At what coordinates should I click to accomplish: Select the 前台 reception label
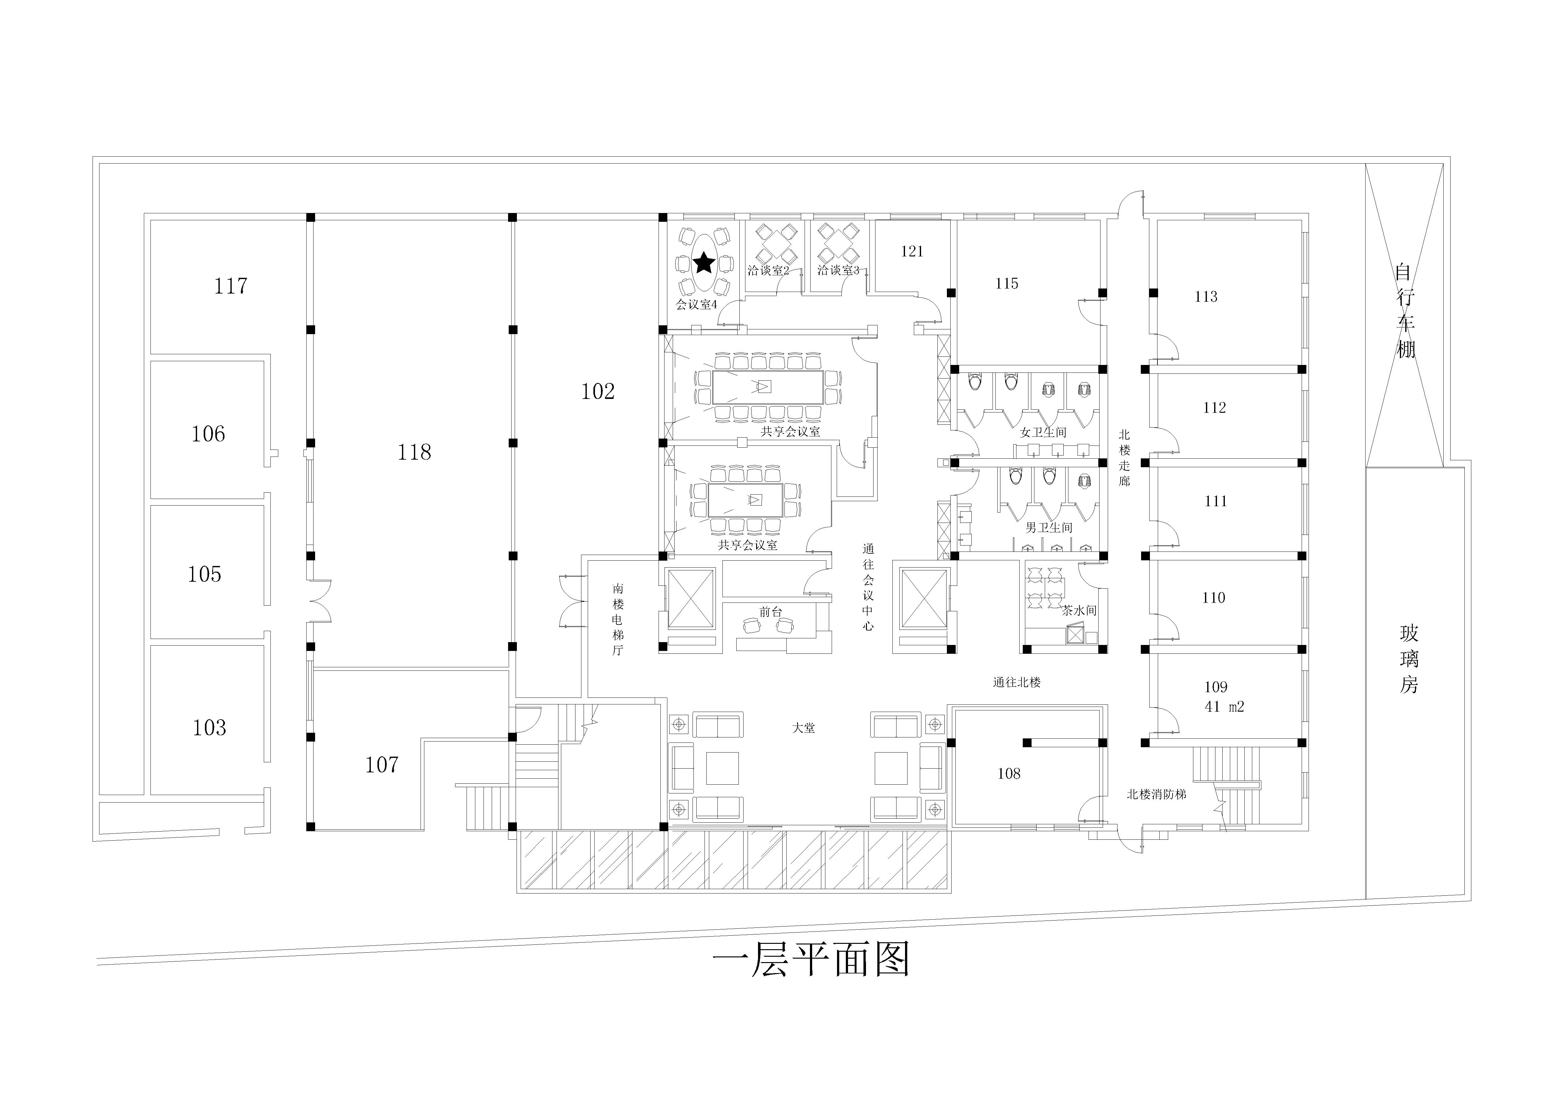[771, 612]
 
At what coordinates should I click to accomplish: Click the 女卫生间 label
[1044, 432]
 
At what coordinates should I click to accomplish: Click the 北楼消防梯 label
[1156, 794]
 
